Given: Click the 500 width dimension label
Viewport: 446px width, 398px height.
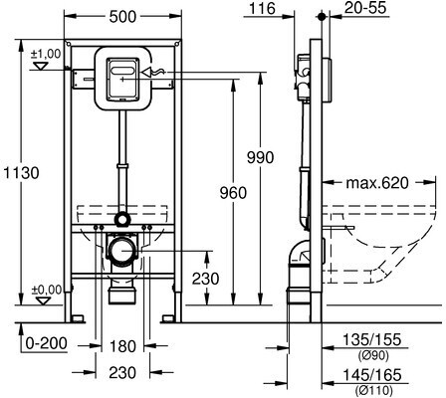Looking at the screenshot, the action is coord(122,17).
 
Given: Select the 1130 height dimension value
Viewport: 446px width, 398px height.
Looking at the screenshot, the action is coord(21,173).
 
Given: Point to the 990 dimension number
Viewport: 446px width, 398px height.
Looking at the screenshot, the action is coord(260,157).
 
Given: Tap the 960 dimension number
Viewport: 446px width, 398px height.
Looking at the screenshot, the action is coord(233,193).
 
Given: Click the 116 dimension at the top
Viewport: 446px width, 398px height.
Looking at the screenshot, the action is coord(262,8).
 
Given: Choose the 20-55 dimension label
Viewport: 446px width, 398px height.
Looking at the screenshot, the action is coord(365,8).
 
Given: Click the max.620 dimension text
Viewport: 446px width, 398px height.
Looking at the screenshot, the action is coord(377,182).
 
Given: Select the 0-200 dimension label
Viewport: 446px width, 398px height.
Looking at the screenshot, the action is coord(47,343).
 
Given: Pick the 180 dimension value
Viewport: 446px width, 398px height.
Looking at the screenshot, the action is coord(122,346).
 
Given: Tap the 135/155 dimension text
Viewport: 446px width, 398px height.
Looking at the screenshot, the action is coord(371,339).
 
